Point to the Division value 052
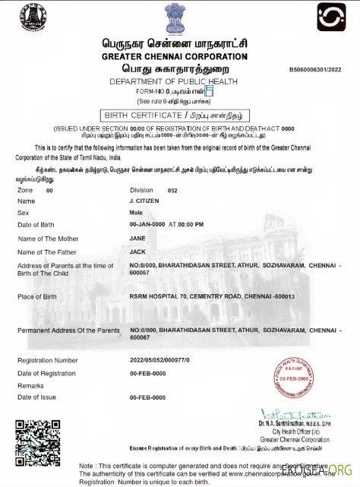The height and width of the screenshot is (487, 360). [x=172, y=190]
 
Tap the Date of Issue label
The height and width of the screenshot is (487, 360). [x=39, y=397]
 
